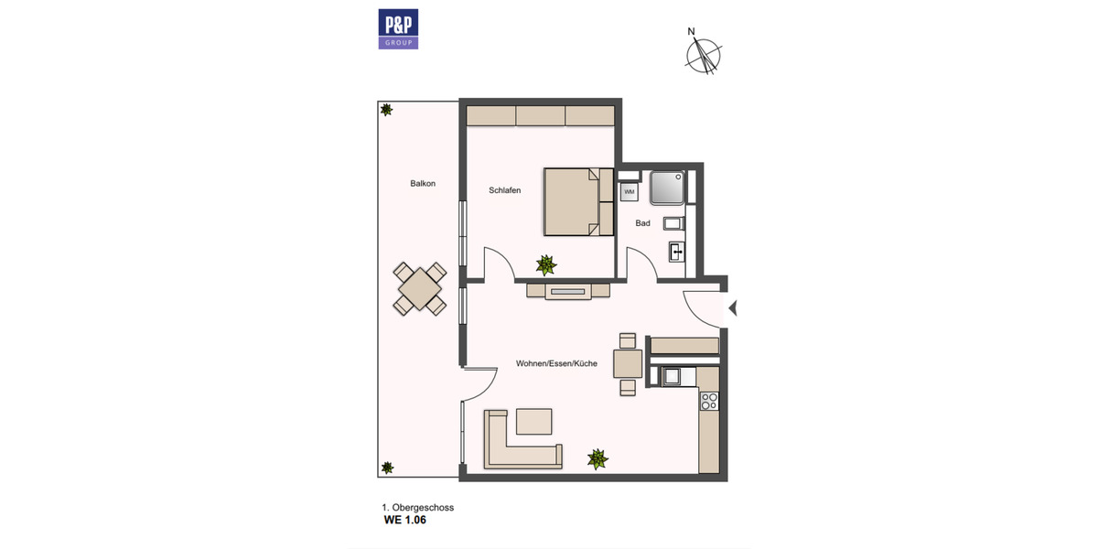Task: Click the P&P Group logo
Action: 398,29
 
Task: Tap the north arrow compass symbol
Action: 704,52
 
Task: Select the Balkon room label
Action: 423,183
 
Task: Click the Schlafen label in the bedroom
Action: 505,190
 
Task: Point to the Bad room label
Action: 642,223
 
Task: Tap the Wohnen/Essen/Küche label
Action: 556,363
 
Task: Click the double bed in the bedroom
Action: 578,201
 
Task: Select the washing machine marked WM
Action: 630,192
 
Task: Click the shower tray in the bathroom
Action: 667,188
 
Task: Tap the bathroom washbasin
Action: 675,251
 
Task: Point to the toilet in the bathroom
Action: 673,223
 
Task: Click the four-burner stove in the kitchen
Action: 709,400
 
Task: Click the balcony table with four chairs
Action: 420,288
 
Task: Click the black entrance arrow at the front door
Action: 732,309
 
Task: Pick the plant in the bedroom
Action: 546,264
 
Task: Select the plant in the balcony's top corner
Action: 387,110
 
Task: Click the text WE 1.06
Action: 404,521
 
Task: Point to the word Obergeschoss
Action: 424,507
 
